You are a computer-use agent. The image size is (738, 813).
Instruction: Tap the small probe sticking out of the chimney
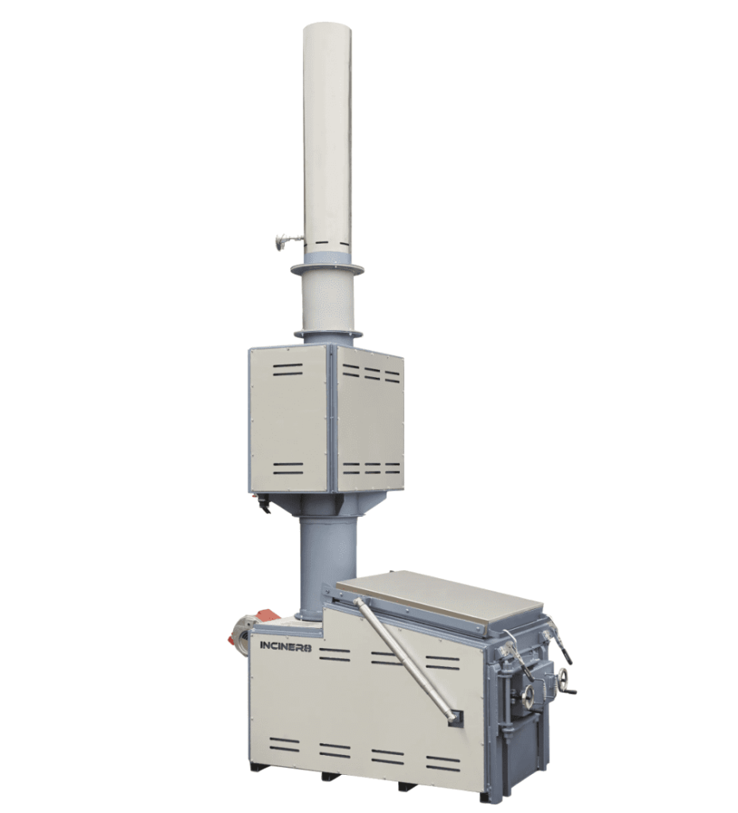point(287,241)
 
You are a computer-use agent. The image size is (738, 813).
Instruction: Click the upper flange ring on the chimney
point(327,270)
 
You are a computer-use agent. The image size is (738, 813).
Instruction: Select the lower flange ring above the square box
point(327,333)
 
